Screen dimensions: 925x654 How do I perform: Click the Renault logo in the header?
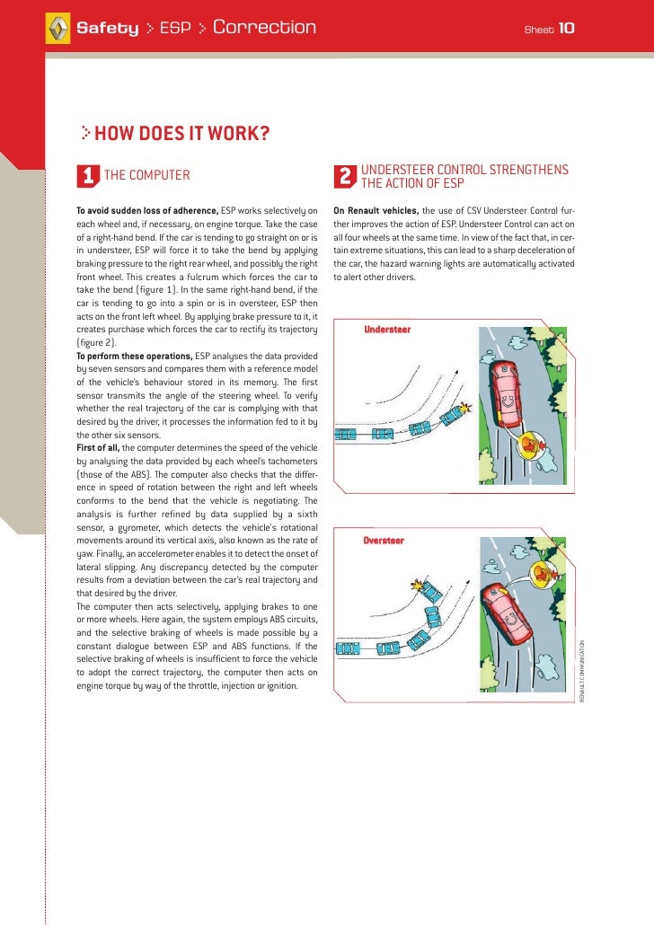tap(57, 29)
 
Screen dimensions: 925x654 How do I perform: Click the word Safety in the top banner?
tap(108, 29)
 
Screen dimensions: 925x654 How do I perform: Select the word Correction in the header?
tap(264, 28)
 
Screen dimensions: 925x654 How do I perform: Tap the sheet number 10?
tap(566, 29)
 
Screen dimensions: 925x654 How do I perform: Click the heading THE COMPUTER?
tap(147, 175)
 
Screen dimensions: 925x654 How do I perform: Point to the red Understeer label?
tap(387, 330)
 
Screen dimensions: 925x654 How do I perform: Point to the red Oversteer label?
tap(384, 541)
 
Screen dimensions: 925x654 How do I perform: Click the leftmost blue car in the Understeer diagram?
tap(346, 435)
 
